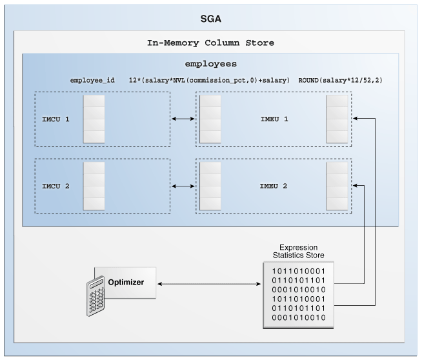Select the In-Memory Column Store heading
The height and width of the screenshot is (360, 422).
[x=210, y=43]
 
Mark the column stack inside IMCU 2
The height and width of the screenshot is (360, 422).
[x=94, y=186]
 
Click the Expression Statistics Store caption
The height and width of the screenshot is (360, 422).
[x=297, y=251]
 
